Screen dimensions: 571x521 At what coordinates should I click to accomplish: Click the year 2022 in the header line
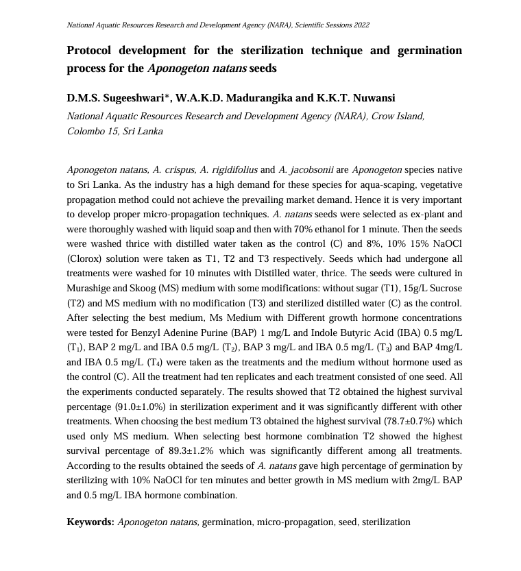coord(361,25)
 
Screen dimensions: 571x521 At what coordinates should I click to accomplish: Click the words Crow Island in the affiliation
coord(398,116)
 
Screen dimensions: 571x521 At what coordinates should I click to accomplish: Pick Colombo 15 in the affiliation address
coord(91,131)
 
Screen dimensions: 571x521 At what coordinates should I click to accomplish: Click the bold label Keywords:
coord(90,522)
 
